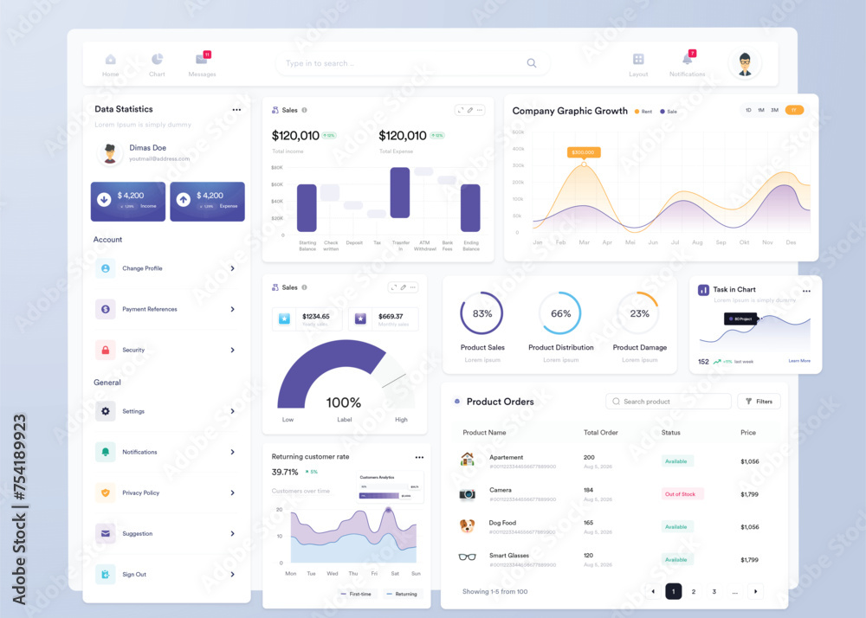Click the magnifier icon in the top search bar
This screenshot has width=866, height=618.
[x=532, y=63]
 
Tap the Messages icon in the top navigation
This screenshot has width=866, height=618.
[x=202, y=60]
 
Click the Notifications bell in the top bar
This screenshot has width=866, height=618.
[x=688, y=60]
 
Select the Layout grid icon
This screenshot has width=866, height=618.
[x=638, y=60]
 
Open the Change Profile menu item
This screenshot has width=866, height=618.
[x=142, y=268]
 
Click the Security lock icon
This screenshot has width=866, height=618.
[x=106, y=350]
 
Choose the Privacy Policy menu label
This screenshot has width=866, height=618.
[x=140, y=492]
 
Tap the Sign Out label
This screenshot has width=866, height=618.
[x=134, y=574]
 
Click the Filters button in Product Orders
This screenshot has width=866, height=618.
[x=759, y=402]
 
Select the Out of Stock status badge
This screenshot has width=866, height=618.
[x=682, y=494]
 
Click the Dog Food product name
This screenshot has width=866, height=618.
[x=502, y=523]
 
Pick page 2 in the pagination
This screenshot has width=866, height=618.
[x=694, y=592]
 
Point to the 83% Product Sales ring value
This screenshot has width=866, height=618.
[x=482, y=313]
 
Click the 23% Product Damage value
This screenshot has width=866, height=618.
[x=639, y=313]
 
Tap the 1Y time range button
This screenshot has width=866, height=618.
[x=794, y=110]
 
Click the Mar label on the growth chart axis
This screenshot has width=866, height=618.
[x=584, y=242]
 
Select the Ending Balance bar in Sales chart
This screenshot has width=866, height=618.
[x=470, y=208]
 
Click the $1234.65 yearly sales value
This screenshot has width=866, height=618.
[x=315, y=317]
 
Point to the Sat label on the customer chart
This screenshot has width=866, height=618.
[x=395, y=573]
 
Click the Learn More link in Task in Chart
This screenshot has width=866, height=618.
[x=799, y=361]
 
